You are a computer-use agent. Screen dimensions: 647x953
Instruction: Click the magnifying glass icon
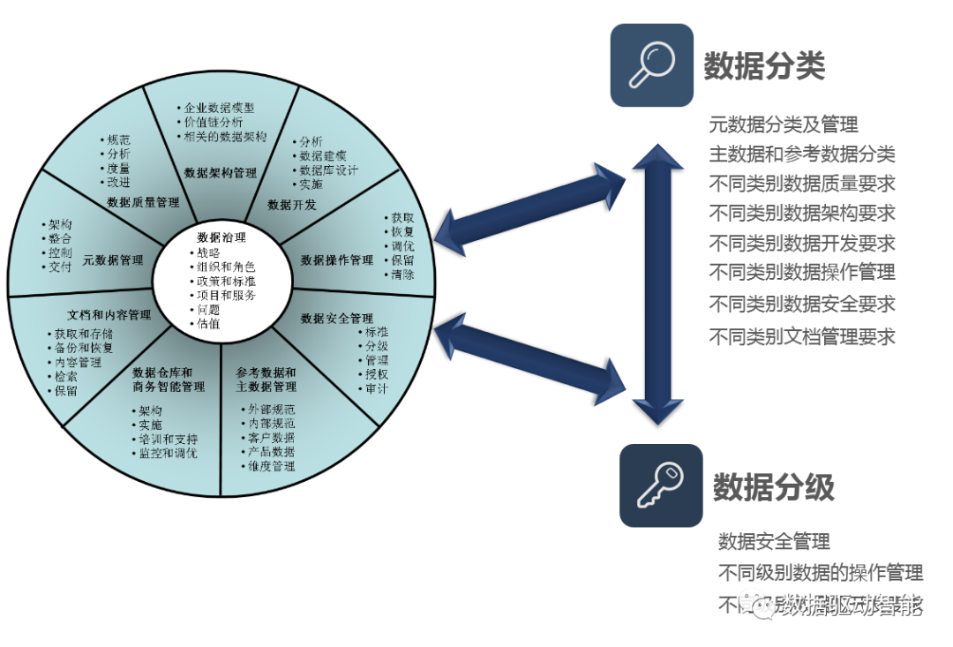651,65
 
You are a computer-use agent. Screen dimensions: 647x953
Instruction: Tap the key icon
660,485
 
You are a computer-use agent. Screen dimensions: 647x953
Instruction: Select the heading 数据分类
764,66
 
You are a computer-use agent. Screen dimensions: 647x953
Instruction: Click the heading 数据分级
774,487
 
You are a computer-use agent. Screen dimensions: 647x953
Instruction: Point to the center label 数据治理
221,237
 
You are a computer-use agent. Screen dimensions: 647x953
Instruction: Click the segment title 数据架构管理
221,173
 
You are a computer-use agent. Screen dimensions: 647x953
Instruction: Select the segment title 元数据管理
113,260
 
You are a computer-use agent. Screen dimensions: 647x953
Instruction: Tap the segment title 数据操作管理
337,260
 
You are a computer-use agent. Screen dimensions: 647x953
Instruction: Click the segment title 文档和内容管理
109,315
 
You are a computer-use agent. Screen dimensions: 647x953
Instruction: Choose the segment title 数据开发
292,205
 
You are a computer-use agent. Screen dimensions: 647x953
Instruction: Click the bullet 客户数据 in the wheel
271,438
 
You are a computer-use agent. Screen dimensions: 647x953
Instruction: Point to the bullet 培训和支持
168,440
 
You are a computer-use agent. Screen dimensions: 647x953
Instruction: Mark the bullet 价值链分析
214,123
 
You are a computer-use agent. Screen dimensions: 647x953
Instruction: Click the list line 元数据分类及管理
784,125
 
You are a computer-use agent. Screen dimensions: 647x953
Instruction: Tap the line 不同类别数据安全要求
802,305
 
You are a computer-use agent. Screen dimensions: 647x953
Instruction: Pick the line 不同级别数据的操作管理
821,573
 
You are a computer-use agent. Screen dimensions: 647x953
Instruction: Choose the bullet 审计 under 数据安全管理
376,389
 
